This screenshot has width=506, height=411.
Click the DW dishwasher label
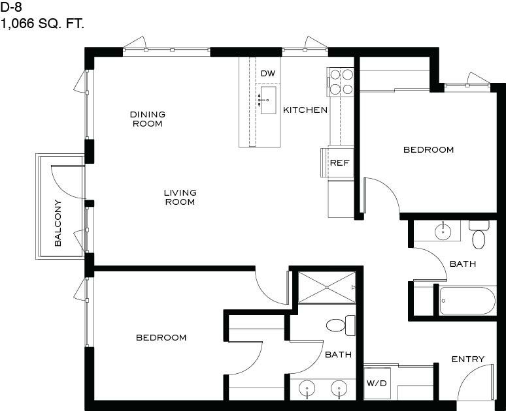268,74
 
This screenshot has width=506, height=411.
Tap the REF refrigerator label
340,163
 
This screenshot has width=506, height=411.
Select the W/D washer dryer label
377,384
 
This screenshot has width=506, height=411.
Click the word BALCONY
58,223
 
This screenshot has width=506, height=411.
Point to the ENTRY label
468,359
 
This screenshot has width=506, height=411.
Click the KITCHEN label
305,110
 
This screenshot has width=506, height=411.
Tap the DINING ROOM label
148,119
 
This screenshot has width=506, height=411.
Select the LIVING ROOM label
180,197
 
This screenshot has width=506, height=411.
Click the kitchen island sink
268,100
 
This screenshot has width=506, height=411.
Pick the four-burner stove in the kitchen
341,82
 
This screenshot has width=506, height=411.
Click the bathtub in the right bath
467,301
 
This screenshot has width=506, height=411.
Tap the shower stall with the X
327,287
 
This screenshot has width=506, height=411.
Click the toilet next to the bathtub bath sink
479,234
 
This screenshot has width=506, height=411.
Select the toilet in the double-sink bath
341,326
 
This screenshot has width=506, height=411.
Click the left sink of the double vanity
307,389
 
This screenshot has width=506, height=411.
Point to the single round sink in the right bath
443,231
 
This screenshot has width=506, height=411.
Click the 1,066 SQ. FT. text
42,23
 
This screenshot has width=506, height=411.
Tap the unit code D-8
11,7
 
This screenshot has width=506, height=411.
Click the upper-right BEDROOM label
429,150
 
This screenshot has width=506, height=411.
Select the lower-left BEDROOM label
161,337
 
